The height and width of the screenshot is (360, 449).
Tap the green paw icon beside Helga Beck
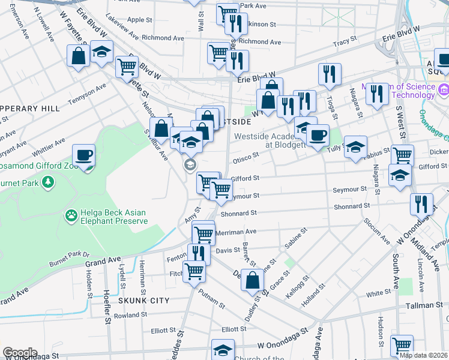coord(71,214)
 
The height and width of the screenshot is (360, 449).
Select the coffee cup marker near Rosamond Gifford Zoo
coord(83,156)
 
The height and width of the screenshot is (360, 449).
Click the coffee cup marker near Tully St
coord(318,136)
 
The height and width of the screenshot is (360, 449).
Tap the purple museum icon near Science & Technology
coord(444,91)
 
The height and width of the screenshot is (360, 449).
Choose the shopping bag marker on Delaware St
coord(253,280)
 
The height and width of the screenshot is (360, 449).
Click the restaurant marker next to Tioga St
coord(330,74)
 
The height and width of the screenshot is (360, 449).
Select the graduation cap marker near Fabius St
coord(355,147)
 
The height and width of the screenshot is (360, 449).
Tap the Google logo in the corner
coord(20,353)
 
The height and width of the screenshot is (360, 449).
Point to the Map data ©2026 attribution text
coord(423,355)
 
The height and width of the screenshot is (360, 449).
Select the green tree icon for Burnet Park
coord(46,181)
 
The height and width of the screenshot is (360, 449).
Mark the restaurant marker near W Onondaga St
coord(422,204)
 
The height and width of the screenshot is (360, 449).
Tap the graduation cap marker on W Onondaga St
coord(223,350)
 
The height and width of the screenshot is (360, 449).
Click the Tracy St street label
coord(345,41)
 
